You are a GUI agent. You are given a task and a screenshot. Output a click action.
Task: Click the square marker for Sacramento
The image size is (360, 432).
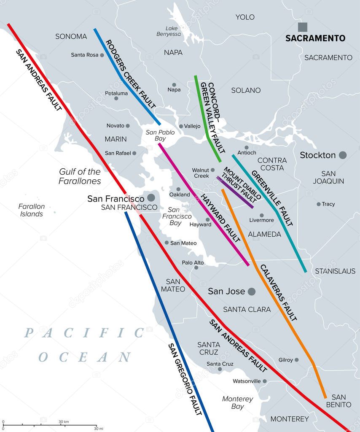[x=303, y=27]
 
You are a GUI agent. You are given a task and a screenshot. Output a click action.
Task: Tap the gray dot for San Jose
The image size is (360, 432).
[x=252, y=292]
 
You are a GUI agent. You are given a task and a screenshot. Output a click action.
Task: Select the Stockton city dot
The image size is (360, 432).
[x=343, y=155]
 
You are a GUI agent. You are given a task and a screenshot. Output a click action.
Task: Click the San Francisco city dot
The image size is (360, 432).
[x=150, y=197]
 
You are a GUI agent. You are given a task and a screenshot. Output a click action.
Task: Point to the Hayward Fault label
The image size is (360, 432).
[x=220, y=218]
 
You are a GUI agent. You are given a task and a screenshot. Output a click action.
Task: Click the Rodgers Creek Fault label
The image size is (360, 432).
[x=130, y=74]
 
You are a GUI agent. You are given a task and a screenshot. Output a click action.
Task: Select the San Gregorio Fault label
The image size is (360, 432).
[x=185, y=378]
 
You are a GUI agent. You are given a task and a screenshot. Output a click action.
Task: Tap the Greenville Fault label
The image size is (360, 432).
[x=272, y=198]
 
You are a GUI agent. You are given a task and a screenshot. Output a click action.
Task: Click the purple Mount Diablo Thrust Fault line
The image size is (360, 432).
[x=235, y=192]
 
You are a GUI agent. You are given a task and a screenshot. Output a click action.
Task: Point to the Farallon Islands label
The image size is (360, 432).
[x=32, y=210]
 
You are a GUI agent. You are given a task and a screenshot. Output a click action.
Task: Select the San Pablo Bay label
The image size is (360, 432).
[x=160, y=135]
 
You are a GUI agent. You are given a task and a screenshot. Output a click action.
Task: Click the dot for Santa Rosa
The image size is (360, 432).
[x=102, y=55]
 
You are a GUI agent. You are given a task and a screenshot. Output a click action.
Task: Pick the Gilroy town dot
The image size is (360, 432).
[x=296, y=360]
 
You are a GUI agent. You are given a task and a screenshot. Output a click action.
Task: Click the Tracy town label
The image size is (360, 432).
[x=328, y=204]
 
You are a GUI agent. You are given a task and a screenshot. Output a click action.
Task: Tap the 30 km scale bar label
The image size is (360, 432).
[x=64, y=422]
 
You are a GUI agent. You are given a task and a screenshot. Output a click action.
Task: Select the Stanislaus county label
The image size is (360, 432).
[x=335, y=271]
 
